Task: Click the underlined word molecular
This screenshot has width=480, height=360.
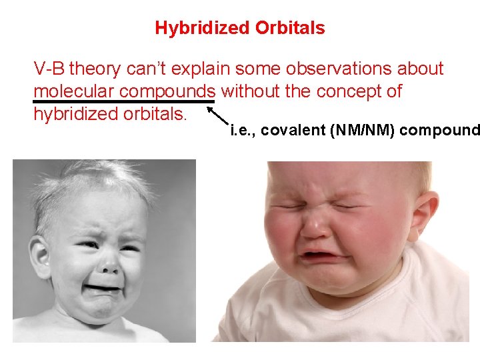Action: point(73,91)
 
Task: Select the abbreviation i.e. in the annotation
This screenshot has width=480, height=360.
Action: point(242,131)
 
